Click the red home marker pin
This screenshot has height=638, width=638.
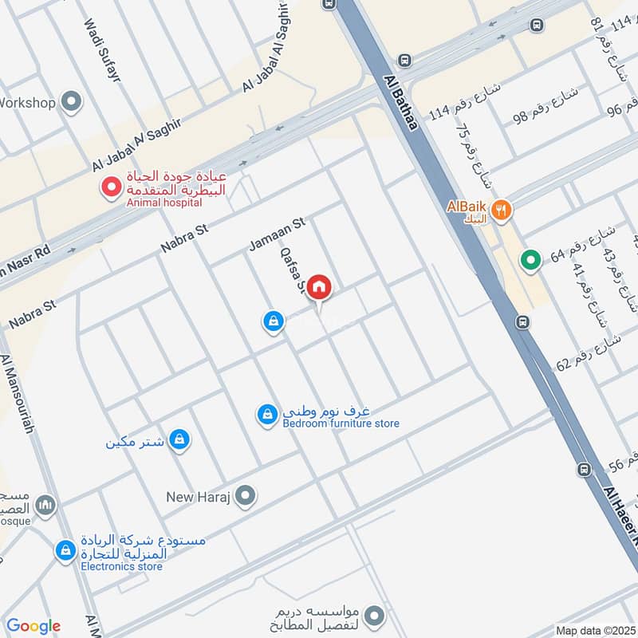pyautogui.click(x=319, y=287)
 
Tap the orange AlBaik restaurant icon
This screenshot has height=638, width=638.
pyautogui.click(x=501, y=211)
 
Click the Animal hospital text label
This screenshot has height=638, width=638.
pyautogui.click(x=159, y=203)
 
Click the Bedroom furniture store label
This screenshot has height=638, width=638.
pyautogui.click(x=341, y=423)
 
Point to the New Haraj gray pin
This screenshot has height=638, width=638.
pyautogui.click(x=246, y=497)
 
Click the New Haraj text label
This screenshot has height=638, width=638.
pyautogui.click(x=198, y=497)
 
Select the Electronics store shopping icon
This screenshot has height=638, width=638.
pyautogui.click(x=65, y=550)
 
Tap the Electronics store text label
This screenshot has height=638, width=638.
pyautogui.click(x=121, y=566)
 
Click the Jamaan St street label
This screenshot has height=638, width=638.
pyautogui.click(x=278, y=235)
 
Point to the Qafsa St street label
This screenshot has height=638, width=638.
pyautogui.click(x=292, y=269)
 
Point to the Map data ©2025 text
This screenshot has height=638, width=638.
pyautogui.click(x=595, y=630)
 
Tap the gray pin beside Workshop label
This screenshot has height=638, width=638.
pyautogui.click(x=72, y=102)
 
